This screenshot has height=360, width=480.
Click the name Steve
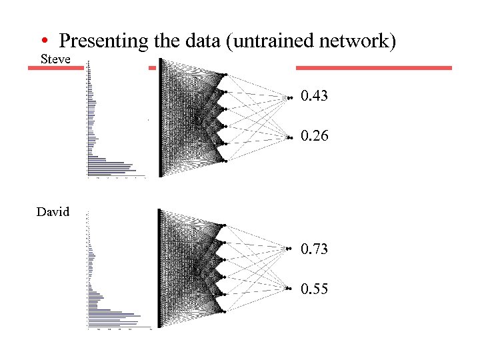(56, 59)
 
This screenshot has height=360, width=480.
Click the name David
(53, 212)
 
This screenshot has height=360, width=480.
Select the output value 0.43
(314, 97)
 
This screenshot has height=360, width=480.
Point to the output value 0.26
(314, 136)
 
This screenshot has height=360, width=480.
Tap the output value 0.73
(314, 249)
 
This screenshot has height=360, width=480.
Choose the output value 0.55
(314, 289)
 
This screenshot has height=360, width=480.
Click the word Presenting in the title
(103, 41)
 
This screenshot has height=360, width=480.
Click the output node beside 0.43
(289, 98)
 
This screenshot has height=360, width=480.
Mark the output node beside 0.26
(289, 137)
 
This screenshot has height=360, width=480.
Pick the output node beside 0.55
(289, 288)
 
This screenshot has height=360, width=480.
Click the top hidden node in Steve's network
(225, 74)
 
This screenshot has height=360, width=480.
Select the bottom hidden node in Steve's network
(225, 161)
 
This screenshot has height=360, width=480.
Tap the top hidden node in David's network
(225, 225)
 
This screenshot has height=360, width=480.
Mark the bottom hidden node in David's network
(225, 312)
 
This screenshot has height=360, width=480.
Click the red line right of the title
(373, 67)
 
